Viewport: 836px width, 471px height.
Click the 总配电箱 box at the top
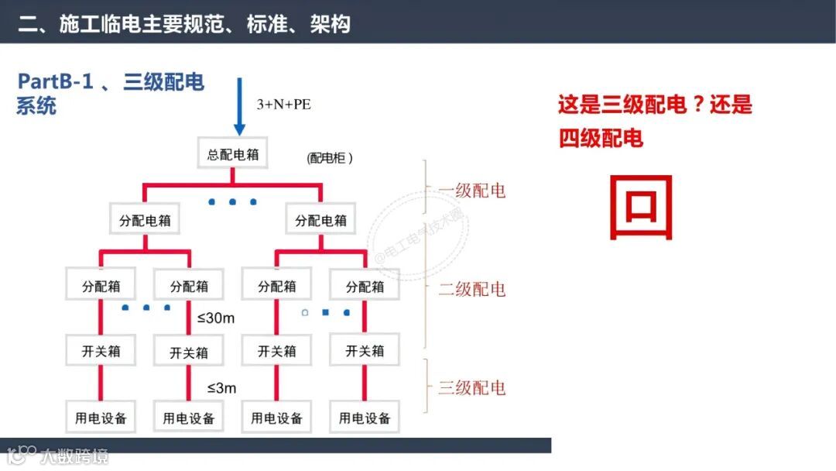[233, 154]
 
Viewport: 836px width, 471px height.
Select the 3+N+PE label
[283, 104]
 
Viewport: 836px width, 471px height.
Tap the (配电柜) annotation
[330, 158]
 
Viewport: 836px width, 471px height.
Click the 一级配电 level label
[471, 191]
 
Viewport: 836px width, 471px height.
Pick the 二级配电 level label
[471, 289]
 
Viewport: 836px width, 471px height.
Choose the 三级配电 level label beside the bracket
[471, 387]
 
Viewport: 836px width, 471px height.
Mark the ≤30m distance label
[215, 318]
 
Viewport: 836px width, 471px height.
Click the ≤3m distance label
[221, 387]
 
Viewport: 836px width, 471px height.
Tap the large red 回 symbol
[641, 207]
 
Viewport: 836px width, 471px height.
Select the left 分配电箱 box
[145, 220]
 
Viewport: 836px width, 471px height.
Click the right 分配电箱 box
[321, 220]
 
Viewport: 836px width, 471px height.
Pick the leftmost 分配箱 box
[101, 286]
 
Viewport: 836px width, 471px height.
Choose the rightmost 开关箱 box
[365, 351]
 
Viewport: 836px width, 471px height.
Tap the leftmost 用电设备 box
[101, 418]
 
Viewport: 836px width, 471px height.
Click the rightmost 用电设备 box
[365, 418]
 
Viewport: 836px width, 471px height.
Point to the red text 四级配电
[601, 138]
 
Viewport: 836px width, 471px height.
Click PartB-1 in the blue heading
[56, 82]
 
